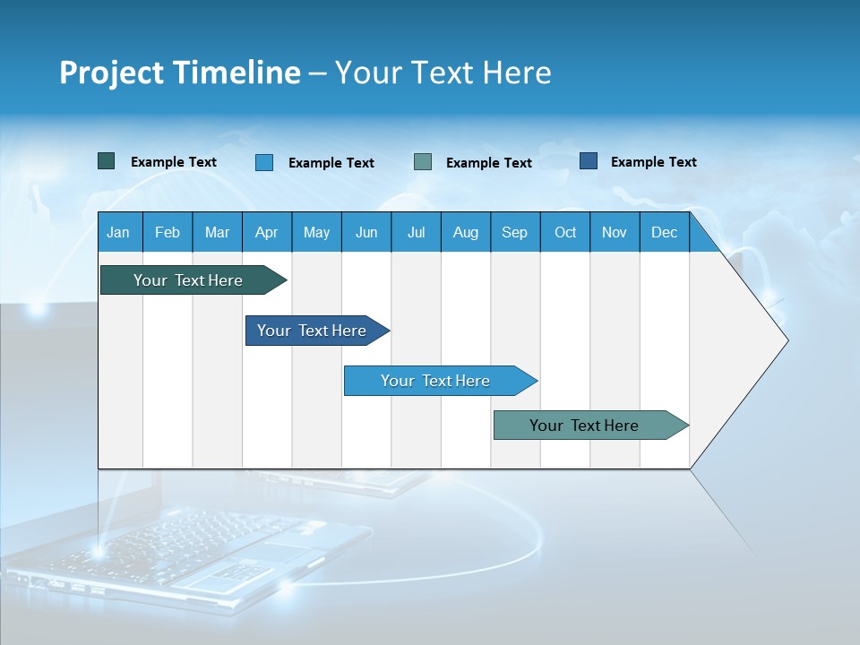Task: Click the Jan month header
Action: pos(118,232)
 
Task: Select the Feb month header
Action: pos(168,232)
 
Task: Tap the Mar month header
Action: pos(217,232)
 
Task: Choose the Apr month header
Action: pos(266,232)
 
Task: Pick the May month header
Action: pos(316,232)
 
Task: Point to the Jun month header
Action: pos(366,232)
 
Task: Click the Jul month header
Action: pos(416,232)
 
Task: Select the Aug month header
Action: pos(465,232)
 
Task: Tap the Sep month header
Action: pos(514,232)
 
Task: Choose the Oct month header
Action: pos(565,232)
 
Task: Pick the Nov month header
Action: pos(615,232)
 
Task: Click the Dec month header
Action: pos(664,232)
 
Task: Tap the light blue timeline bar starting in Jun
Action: pos(436,381)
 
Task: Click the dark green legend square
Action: pos(107,161)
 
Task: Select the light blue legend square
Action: pos(264,162)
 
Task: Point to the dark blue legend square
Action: pos(589,161)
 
